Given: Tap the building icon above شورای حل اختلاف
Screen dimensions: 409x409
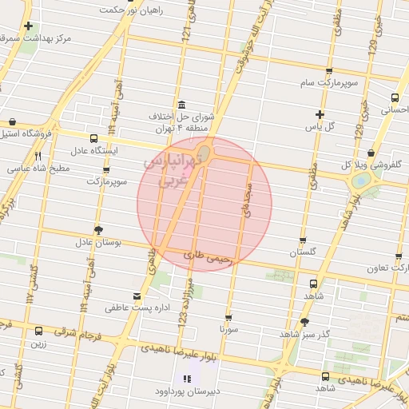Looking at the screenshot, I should click(x=183, y=105).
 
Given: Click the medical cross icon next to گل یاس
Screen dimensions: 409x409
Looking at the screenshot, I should click(x=320, y=114).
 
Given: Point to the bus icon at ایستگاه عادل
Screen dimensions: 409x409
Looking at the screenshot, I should click(x=94, y=138).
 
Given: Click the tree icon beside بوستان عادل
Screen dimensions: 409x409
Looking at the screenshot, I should click(x=98, y=230).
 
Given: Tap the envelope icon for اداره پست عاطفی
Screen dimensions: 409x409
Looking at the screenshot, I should click(x=135, y=296).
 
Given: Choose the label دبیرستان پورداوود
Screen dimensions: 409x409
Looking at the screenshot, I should click(x=186, y=392).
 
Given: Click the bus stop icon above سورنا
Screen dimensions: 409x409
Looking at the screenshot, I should click(x=228, y=317).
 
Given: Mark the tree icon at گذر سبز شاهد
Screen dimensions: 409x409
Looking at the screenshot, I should click(x=304, y=322).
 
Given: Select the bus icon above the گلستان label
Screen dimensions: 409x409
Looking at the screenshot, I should click(x=303, y=240).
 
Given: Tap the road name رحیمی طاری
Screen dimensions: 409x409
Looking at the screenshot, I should click(x=207, y=257).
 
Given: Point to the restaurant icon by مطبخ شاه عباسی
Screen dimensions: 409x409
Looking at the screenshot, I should click(x=38, y=157).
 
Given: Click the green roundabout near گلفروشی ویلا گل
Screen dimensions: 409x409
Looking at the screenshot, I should click(x=361, y=181).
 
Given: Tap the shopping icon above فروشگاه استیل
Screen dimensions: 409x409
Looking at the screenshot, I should click(x=12, y=122).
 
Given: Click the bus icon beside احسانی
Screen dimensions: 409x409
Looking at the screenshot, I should click(x=395, y=97).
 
